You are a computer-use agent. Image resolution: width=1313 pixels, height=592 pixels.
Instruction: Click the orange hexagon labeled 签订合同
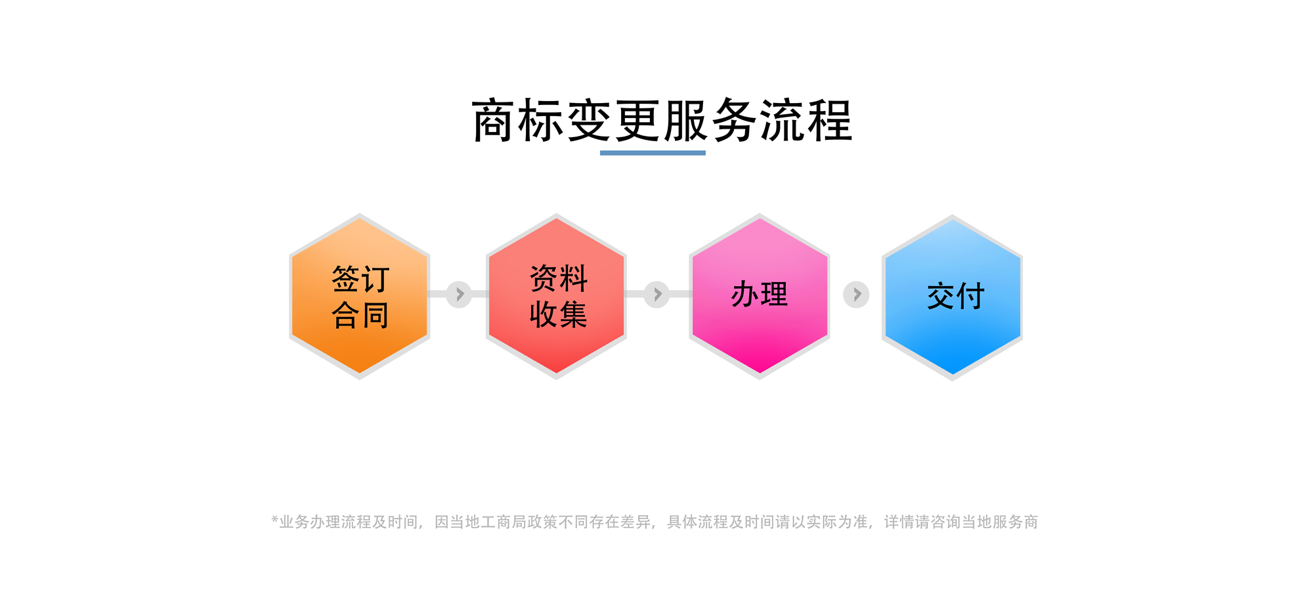[x=360, y=297]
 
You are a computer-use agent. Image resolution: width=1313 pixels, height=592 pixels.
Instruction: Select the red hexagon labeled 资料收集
[x=556, y=297]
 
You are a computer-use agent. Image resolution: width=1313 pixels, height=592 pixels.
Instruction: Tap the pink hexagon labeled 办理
[x=760, y=297]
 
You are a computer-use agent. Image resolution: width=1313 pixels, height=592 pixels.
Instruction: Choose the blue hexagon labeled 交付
[x=952, y=297]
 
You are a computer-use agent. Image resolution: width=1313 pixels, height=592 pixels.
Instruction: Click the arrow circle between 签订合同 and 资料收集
[x=459, y=295]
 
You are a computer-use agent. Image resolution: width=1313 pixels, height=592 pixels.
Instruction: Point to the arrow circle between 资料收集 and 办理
[x=656, y=295]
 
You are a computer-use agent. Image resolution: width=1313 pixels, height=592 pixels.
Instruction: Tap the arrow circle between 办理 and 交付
[x=856, y=295]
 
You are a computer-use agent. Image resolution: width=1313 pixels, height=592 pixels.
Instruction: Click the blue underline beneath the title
[x=653, y=153]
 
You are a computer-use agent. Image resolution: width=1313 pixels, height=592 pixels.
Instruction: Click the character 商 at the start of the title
[x=493, y=121]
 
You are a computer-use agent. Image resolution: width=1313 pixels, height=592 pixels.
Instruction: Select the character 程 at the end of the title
[x=830, y=121]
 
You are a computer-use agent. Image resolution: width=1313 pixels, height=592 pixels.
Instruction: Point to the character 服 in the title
[x=685, y=121]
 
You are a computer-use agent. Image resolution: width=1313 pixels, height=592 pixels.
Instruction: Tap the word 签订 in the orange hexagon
[x=360, y=279]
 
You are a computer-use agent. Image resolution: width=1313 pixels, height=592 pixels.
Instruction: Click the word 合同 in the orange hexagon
[x=360, y=315]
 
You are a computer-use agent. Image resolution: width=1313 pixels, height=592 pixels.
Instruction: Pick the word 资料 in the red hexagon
[x=559, y=278]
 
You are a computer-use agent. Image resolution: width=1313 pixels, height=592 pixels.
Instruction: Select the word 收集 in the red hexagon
[x=559, y=314]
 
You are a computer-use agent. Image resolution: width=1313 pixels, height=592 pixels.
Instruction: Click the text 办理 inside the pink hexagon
[x=760, y=294]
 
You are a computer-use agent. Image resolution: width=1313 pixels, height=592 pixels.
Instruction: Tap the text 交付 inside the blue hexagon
[x=956, y=296]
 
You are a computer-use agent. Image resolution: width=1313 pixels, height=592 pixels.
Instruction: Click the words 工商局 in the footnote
[x=504, y=522]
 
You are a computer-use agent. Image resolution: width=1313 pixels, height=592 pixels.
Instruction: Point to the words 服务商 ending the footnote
[x=1015, y=522]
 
